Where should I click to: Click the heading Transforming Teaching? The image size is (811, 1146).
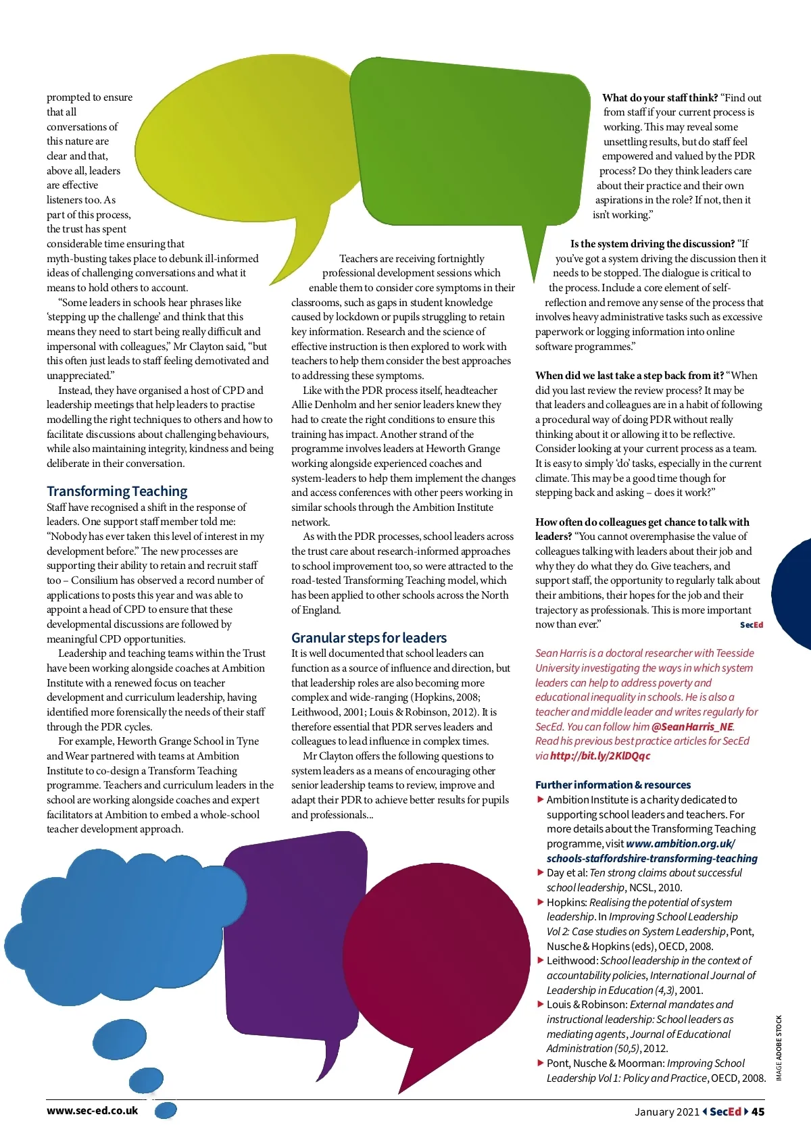click(x=117, y=491)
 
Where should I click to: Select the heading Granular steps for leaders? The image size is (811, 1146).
click(x=369, y=638)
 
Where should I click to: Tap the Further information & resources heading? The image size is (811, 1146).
click(x=613, y=785)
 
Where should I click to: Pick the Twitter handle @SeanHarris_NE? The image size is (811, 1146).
click(x=692, y=727)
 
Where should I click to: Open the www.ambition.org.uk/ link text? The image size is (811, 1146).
click(x=680, y=844)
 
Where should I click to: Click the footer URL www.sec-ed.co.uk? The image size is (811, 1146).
click(x=92, y=1111)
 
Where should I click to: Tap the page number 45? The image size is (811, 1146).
click(x=758, y=1112)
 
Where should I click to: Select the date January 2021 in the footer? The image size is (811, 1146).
click(x=666, y=1112)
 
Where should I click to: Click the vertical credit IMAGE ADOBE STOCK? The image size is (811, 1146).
click(x=779, y=1048)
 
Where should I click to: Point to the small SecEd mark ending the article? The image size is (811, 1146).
click(x=752, y=625)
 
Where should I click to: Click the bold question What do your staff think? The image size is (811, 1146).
click(x=660, y=98)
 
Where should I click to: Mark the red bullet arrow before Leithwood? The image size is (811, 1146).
click(x=541, y=960)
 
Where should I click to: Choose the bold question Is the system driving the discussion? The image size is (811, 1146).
click(x=652, y=244)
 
